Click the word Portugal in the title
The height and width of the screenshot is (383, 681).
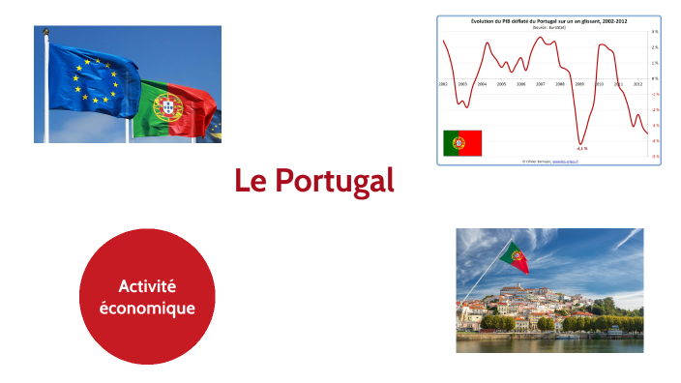[334, 181]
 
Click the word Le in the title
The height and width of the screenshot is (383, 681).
[250, 181]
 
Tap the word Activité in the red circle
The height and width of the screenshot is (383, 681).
[147, 286]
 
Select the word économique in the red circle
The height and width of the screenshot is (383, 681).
[147, 309]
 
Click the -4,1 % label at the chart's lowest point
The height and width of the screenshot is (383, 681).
[581, 148]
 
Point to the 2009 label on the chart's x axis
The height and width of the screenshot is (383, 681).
[579, 84]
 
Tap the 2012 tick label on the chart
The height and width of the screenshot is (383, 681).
[638, 84]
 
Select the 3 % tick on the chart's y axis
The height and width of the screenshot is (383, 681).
[655, 32]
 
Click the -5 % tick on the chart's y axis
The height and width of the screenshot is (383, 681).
[655, 156]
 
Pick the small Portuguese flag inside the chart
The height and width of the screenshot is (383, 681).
[462, 143]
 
